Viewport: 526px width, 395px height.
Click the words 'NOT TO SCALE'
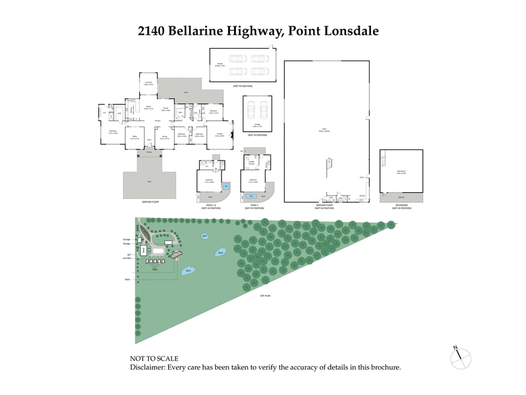(155, 359)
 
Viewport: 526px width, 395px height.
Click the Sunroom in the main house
(149, 84)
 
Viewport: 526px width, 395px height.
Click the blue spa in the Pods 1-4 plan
(226, 186)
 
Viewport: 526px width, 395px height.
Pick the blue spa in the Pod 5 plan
(249, 196)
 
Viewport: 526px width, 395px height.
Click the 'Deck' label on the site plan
(128, 279)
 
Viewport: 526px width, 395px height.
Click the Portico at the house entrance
(150, 152)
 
